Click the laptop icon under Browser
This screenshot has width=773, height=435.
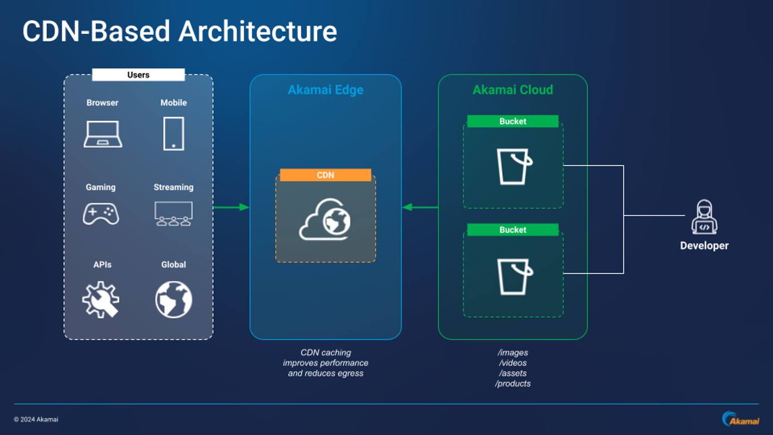(103, 134)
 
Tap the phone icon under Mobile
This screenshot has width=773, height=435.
(174, 134)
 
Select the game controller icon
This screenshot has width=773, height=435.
(101, 214)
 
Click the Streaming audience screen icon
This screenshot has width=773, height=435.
(173, 213)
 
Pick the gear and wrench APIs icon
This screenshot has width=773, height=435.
(101, 300)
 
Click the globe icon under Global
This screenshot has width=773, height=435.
(174, 300)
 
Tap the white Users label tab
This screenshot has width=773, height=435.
(138, 75)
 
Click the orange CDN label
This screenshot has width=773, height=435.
(325, 175)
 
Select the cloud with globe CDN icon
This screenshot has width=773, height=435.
(325, 220)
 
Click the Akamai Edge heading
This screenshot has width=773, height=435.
(325, 90)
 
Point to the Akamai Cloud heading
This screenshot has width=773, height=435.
(512, 90)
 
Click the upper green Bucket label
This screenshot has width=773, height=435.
(512, 121)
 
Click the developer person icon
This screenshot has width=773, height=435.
(704, 217)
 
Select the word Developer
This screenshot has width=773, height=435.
(704, 246)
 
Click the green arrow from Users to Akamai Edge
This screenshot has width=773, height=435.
(231, 207)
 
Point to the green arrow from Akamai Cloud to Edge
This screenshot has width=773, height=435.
(420, 207)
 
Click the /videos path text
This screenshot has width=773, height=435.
(512, 363)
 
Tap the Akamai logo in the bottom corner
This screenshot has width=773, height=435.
(740, 419)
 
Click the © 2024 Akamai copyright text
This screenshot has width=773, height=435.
(36, 419)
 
